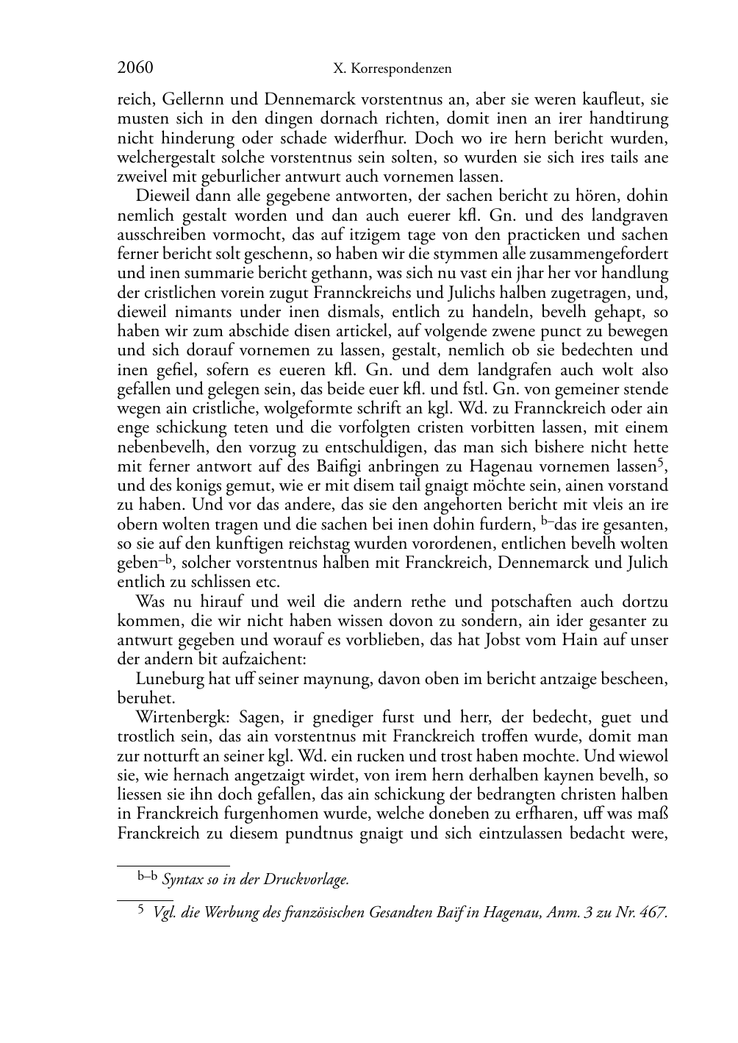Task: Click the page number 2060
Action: pyautogui.click(x=135, y=68)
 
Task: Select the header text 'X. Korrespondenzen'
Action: pyautogui.click(x=393, y=69)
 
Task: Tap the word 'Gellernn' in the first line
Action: pyautogui.click(x=196, y=99)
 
